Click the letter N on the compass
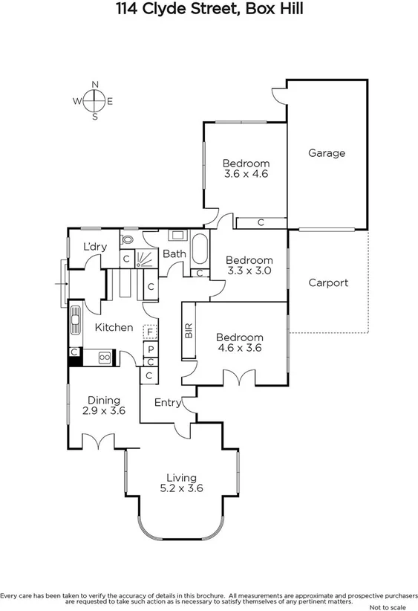click(95, 84)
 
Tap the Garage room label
click(327, 153)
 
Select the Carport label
click(327, 282)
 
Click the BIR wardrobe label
click(188, 332)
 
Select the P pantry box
click(150, 349)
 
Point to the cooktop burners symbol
click(104, 358)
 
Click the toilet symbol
click(127, 239)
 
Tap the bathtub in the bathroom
click(200, 250)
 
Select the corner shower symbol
click(146, 258)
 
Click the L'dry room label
click(94, 247)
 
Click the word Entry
click(167, 402)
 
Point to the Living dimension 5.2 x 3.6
click(181, 488)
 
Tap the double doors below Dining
click(98, 444)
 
